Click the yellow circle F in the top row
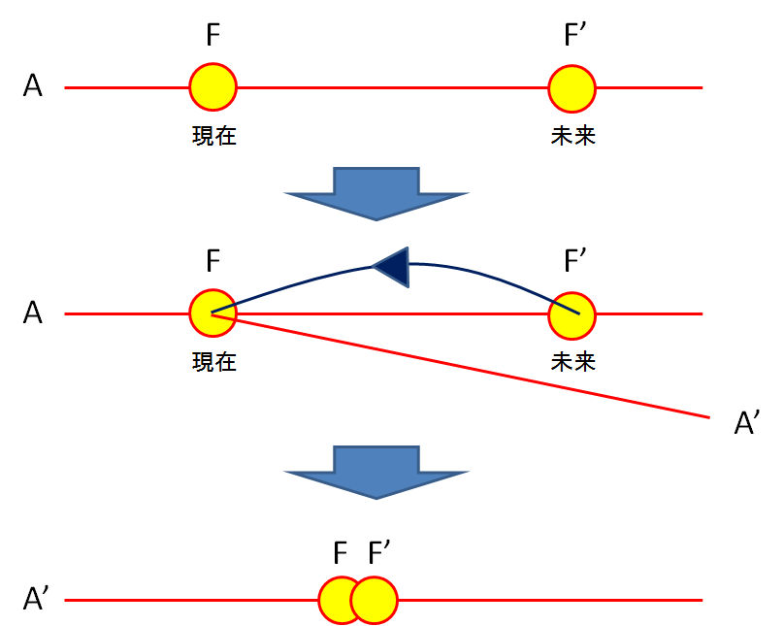212,87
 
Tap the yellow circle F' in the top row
572,87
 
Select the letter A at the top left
34,87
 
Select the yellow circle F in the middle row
212,313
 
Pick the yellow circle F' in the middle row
572,313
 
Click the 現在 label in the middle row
213,362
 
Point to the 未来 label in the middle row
572,362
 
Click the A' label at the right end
749,423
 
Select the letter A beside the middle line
34,313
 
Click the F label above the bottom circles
341,554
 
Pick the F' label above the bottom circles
378,554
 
